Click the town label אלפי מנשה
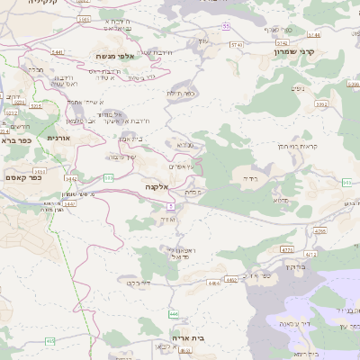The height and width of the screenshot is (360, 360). (x=114, y=56)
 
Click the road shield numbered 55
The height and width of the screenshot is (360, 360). (x=227, y=26)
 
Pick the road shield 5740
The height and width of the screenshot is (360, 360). (x=238, y=44)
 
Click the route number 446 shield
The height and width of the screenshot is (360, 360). (x=172, y=313)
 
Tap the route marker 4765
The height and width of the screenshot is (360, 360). (x=320, y=230)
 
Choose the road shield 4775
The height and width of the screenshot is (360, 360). (x=287, y=250)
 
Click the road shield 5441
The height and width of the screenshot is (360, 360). (x=58, y=52)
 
